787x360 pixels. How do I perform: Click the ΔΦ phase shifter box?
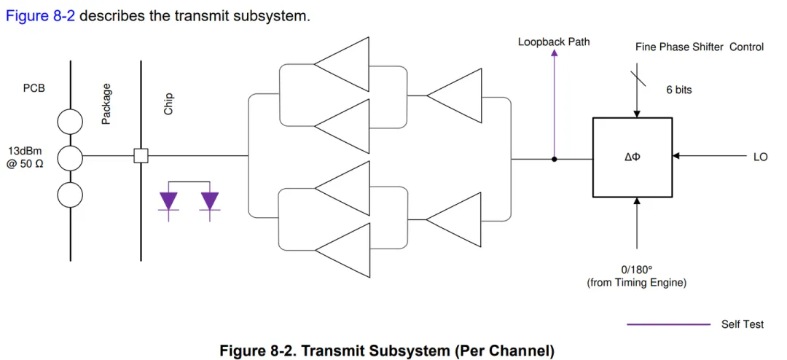[632, 156]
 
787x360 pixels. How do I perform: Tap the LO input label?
[760, 157]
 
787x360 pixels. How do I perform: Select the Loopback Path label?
[554, 42]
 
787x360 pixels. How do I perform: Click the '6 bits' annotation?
[678, 90]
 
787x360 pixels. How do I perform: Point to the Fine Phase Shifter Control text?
[700, 47]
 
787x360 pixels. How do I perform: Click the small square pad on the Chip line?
[141, 156]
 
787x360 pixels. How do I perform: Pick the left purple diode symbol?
[168, 200]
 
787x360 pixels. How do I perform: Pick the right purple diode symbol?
[210, 200]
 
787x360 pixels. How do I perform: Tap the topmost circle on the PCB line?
[70, 121]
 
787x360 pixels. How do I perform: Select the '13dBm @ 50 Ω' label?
[26, 157]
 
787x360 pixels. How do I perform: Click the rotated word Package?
[106, 103]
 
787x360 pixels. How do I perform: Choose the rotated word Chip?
[168, 103]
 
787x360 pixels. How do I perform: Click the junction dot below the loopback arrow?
[554, 158]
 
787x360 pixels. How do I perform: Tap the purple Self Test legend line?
[667, 324]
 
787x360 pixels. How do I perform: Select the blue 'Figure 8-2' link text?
[40, 15]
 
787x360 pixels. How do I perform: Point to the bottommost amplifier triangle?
[342, 249]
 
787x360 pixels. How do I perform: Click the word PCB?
[34, 88]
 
